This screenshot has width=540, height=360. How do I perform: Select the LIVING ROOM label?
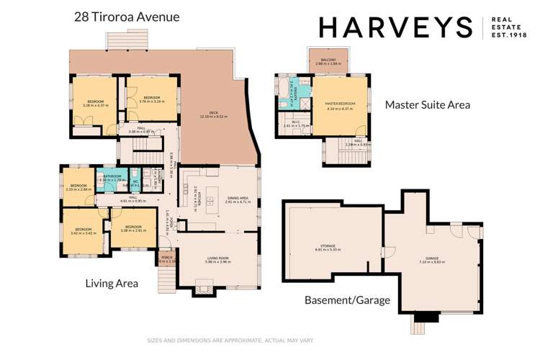(217, 260)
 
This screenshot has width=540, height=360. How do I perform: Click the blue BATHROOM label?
(112, 176)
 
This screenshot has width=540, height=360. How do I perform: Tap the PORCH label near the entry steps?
(166, 258)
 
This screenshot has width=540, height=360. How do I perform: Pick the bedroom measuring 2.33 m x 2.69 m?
(78, 186)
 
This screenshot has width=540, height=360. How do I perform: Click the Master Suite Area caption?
(427, 104)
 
